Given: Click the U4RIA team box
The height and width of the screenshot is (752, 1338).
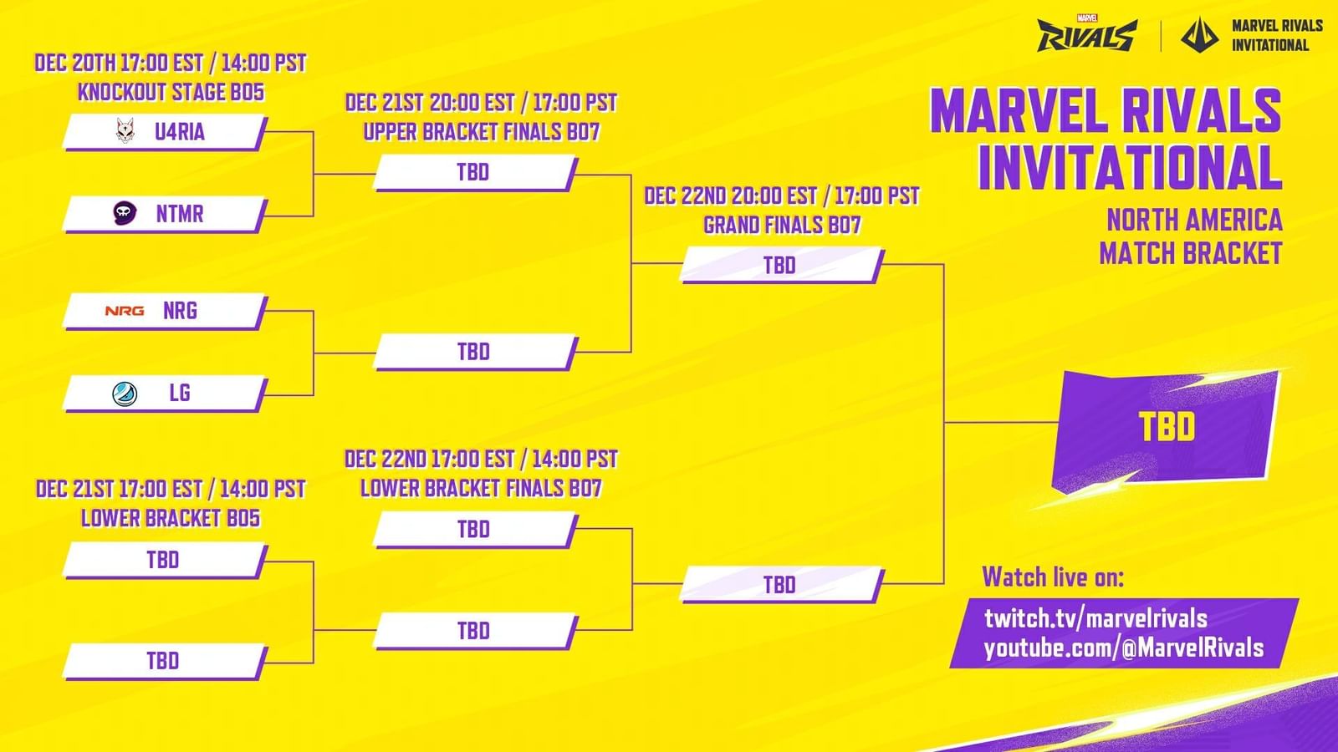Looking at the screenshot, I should pos(165,132).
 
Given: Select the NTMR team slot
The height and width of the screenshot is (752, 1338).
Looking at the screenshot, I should pos(165,214).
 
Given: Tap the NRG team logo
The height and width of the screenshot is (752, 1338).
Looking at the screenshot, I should pos(125,311).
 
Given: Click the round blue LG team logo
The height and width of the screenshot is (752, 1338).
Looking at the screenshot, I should pos(125,393).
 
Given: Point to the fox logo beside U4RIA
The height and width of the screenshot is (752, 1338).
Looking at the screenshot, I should pos(125,131).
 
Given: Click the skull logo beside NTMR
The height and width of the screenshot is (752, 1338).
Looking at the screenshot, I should pos(125,213).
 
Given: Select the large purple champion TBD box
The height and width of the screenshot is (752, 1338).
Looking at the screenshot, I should pos(1167,427).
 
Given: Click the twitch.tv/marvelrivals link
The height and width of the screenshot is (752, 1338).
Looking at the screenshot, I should pos(1095,618).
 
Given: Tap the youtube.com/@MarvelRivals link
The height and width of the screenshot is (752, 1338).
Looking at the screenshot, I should pos(1123,648).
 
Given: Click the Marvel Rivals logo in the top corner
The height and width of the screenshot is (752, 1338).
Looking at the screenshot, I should pos(1086,36).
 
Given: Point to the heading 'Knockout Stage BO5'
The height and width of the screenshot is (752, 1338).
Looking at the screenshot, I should pos(171,92).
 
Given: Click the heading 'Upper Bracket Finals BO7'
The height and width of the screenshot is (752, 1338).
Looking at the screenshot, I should pos(481,132).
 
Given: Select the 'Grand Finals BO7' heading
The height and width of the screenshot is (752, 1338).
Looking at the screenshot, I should pos(782,225).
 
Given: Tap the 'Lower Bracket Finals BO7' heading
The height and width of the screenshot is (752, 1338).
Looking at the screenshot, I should pos(481,488).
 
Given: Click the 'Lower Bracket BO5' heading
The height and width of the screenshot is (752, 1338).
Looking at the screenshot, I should pos(171,518).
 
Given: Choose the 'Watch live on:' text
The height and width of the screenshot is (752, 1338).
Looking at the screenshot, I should pos(1053,577).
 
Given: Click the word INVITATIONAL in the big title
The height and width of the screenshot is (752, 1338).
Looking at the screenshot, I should pos(1130,168).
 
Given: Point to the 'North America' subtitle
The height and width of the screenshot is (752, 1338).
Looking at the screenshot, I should pos(1194,220).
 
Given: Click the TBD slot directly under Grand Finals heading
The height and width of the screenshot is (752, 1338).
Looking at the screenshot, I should pos(780,266).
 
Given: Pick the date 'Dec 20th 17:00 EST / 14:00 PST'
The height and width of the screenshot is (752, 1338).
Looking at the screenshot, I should pos(171,63).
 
